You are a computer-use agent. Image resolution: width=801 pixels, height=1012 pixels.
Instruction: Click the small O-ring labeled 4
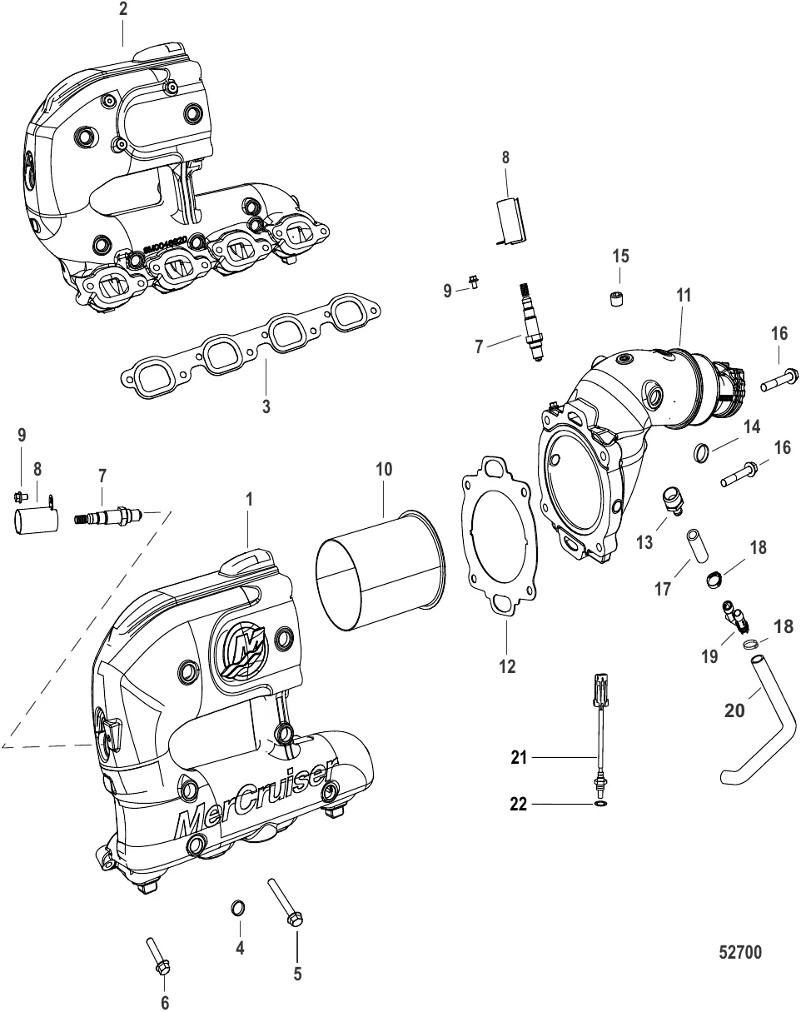(237, 906)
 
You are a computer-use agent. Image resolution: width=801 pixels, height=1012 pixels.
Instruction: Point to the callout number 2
(123, 11)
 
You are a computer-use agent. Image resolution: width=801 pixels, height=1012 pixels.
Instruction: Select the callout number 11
(684, 295)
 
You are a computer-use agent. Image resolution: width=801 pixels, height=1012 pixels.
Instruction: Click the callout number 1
(249, 501)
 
